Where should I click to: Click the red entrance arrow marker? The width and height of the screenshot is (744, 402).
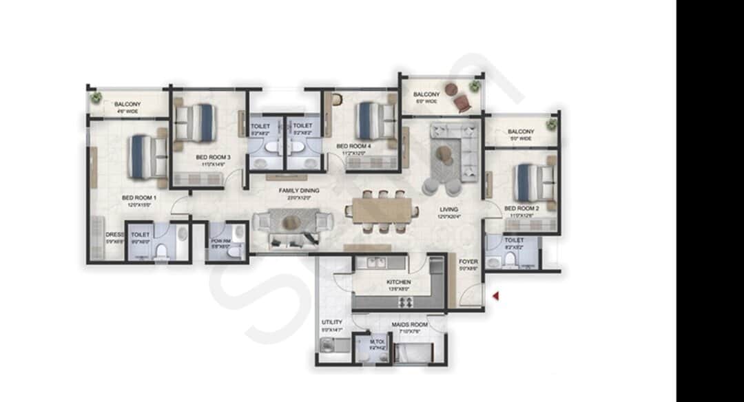point(495,296)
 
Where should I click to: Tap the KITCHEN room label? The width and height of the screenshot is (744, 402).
point(399,282)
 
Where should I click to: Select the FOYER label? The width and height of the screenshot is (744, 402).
point(468,262)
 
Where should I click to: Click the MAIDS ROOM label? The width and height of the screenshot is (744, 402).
point(409,324)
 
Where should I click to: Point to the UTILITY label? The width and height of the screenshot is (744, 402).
point(331,322)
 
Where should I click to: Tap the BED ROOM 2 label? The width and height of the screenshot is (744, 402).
point(521,208)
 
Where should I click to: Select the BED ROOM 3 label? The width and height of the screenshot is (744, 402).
point(213,158)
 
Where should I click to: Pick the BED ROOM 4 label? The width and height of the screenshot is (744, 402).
point(353,147)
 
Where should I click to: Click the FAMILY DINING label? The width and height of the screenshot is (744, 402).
point(298,189)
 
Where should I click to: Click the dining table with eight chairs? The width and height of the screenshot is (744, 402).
point(382,211)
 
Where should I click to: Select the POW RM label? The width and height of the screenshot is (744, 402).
point(220,241)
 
